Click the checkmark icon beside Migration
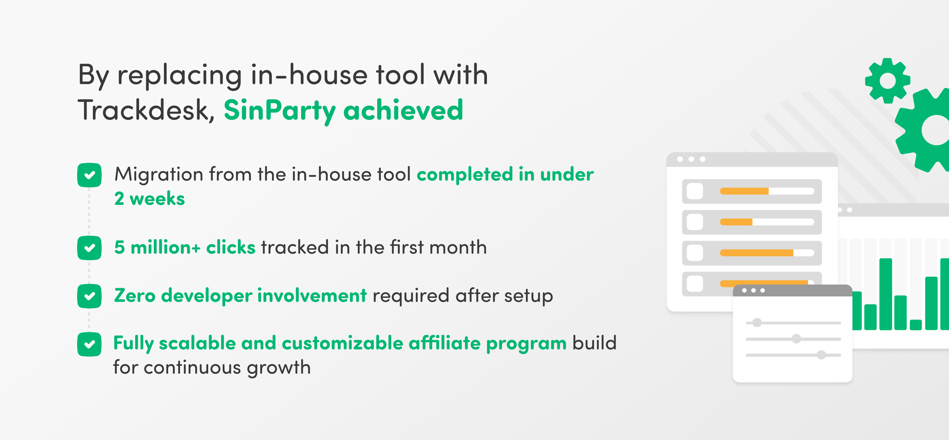point(89,175)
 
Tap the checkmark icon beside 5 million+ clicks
point(89,248)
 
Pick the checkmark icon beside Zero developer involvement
point(89,296)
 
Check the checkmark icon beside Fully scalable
point(89,344)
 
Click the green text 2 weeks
point(149,199)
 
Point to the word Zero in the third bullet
point(135,296)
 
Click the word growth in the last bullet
point(279,368)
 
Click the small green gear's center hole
point(888,81)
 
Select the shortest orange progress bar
point(736,222)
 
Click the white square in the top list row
point(695,191)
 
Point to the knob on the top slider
point(757,323)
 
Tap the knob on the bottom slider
point(821,355)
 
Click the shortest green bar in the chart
point(915,325)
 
